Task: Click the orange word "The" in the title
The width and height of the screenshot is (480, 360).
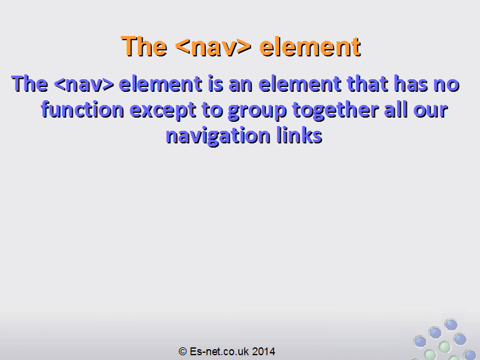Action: (144, 46)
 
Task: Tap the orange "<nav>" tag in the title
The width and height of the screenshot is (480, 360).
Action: (214, 47)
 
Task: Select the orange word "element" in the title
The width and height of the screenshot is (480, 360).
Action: (310, 46)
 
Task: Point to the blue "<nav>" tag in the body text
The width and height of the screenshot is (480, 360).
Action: (84, 84)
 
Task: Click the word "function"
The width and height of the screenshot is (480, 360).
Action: (82, 109)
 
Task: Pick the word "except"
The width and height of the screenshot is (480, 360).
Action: (163, 111)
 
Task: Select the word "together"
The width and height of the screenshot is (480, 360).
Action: (335, 110)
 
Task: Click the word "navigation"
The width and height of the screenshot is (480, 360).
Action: (218, 136)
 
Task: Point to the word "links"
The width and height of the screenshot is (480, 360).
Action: (299, 135)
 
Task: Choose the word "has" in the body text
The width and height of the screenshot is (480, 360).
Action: (411, 83)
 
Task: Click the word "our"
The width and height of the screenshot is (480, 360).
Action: (431, 110)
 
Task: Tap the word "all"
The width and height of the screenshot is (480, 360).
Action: (396, 109)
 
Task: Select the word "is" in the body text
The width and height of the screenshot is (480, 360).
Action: (215, 83)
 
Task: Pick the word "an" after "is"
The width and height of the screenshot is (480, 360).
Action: (241, 85)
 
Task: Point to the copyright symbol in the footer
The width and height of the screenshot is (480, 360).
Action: (183, 352)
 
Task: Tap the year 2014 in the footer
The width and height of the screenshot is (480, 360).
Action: (263, 352)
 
